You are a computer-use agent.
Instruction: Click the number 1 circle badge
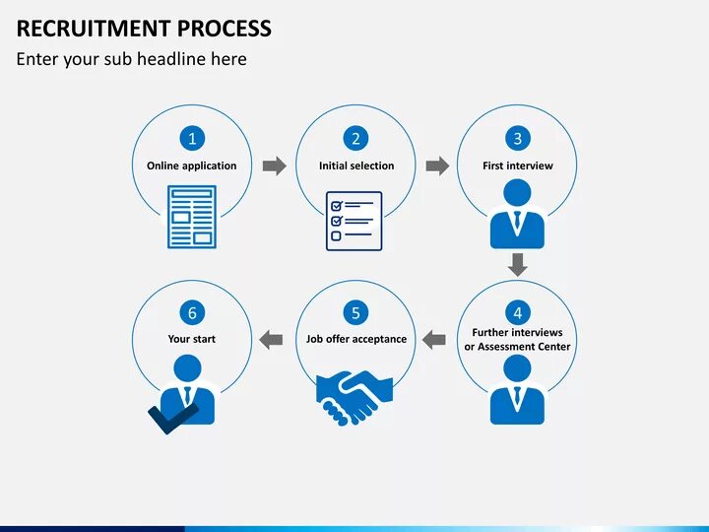coord(192,139)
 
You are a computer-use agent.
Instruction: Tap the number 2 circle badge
coord(355,139)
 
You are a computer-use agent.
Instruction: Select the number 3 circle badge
coord(518,139)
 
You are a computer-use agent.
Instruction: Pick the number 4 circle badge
coord(518,312)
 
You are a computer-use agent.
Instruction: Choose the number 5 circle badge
coord(355,312)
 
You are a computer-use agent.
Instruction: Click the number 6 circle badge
coord(192,312)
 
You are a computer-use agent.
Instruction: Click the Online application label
coord(192,166)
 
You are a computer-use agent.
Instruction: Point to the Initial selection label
coord(356,166)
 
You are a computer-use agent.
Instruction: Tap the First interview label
coord(518,166)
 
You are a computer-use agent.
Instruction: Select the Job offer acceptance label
coord(356,339)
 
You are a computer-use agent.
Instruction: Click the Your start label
coord(192,339)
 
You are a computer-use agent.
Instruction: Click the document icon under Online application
coord(192,217)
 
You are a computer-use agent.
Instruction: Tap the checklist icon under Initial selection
coord(354,221)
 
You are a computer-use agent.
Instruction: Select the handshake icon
coord(353,395)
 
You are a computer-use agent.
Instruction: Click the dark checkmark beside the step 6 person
coord(163,418)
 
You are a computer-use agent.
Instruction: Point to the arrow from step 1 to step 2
coord(275,166)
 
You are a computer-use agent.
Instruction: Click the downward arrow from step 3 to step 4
coord(518,264)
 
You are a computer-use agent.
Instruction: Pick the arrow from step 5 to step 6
coord(271,339)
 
